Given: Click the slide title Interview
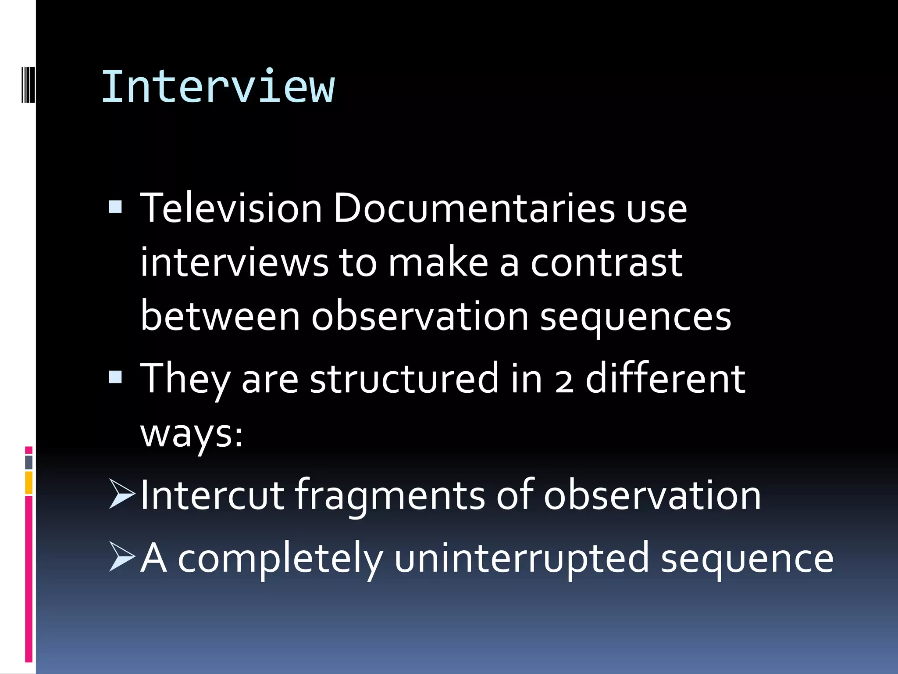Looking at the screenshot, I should (x=218, y=87).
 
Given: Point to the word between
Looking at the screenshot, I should (x=220, y=316).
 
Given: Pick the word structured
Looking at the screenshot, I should (x=404, y=378).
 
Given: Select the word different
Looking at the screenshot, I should (x=665, y=378).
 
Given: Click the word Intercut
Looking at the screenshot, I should (x=212, y=495).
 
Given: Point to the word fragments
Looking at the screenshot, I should (x=389, y=496).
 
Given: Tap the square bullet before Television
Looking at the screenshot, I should (x=115, y=206).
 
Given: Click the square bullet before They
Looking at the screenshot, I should (x=115, y=377).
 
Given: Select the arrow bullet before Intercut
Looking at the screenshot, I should (x=121, y=494).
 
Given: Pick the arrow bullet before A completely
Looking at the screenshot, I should (x=121, y=557).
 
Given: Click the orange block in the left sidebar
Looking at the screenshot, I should (x=29, y=483).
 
